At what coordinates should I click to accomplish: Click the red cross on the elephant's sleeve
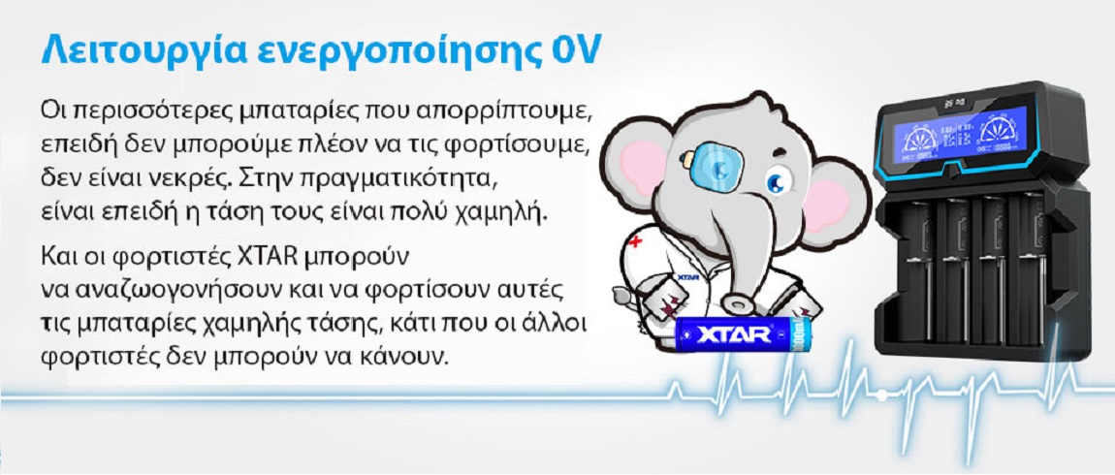pyautogui.click(x=635, y=240)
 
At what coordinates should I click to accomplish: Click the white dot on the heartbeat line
pyautogui.click(x=880, y=393)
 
